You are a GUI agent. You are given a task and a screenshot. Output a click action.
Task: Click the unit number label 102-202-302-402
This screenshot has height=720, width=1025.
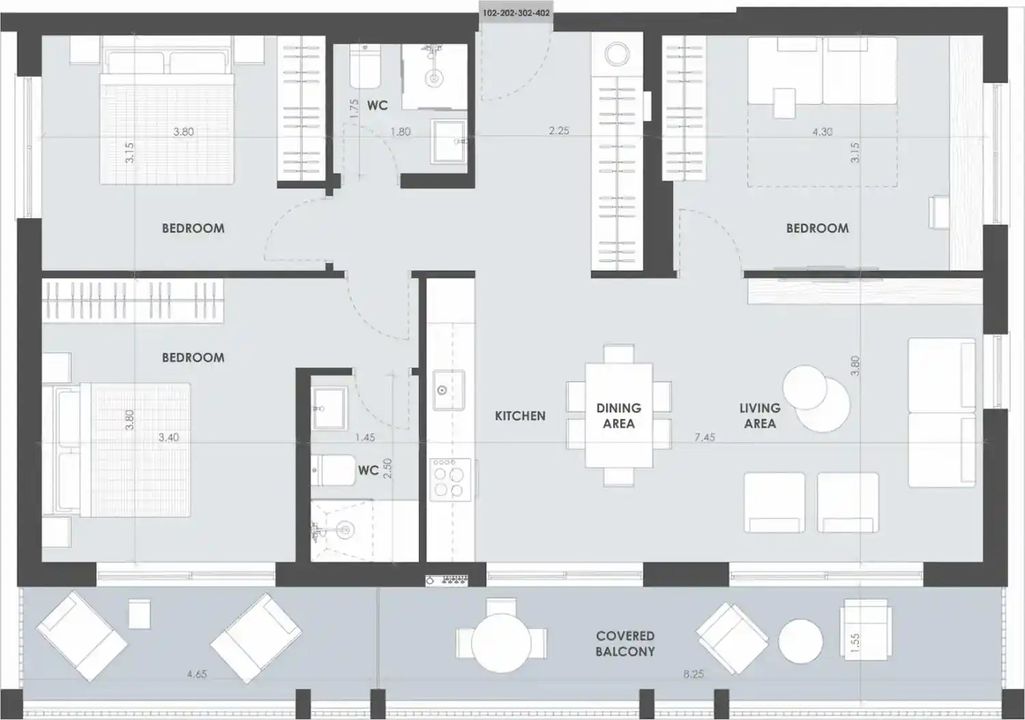click(x=516, y=13)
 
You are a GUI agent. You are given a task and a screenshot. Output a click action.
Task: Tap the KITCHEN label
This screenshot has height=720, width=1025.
click(x=520, y=416)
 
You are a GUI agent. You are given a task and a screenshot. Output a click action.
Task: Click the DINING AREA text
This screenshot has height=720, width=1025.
click(x=618, y=416)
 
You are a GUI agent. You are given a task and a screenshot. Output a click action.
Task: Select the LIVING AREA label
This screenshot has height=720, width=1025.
click(x=760, y=416)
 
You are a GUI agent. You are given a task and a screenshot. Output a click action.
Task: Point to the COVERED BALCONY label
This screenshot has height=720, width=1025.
click(x=625, y=643)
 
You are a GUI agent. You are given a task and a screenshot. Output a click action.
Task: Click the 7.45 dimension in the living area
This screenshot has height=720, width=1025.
click(x=705, y=438)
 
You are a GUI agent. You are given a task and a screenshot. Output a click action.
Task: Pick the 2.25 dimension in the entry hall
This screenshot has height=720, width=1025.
click(x=559, y=131)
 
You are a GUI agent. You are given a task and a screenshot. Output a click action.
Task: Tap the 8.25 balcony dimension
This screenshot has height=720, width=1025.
click(x=694, y=674)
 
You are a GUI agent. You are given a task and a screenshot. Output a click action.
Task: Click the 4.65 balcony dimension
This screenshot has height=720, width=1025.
click(x=197, y=674)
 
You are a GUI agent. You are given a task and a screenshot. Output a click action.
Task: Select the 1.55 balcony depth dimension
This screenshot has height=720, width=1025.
click(x=855, y=643)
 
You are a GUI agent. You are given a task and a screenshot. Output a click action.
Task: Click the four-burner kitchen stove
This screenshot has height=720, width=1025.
click(x=450, y=479)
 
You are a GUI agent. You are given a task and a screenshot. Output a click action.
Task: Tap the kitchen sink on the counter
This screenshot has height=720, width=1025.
click(x=449, y=390)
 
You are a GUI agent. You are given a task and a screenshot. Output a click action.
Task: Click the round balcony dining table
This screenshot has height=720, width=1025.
click(x=502, y=643)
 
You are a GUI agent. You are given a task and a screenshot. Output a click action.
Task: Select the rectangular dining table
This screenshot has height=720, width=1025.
click(x=618, y=416)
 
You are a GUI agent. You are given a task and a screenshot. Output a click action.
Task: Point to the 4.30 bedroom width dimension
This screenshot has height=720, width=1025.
click(x=822, y=132)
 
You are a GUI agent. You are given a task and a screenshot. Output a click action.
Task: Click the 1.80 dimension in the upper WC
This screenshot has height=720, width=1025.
click(x=400, y=132)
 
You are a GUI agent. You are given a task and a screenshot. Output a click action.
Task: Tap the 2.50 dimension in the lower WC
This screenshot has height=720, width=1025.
click(x=387, y=468)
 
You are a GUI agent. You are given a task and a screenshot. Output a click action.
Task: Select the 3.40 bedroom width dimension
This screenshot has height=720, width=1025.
click(x=168, y=438)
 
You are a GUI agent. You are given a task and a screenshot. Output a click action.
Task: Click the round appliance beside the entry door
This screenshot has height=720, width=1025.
click(x=617, y=55)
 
